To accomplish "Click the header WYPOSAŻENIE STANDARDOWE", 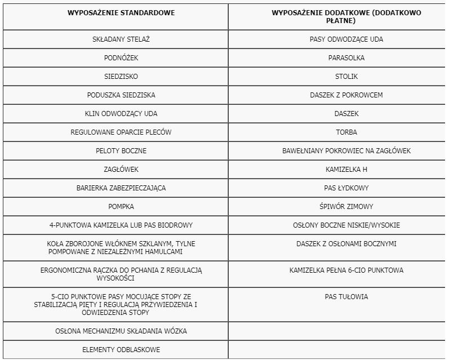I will click(121, 12).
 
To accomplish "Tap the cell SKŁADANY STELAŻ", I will click(121, 39).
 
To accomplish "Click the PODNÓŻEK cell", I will click(121, 58).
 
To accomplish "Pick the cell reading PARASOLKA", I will click(346, 58).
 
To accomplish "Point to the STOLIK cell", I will click(346, 77).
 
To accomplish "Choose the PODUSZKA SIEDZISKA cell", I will click(121, 95).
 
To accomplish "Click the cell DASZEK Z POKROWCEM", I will click(346, 95).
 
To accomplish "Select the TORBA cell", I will click(346, 132).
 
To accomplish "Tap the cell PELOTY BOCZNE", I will click(121, 151).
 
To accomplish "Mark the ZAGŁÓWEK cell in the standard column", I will click(121, 170).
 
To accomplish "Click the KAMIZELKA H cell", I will click(346, 170).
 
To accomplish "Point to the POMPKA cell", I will click(121, 207).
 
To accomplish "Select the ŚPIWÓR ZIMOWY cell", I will click(346, 207).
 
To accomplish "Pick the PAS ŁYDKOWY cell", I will click(346, 188).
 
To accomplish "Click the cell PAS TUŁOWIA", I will click(346, 296).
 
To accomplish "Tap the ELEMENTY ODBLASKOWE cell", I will click(121, 349).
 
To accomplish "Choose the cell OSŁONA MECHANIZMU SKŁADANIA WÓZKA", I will click(121, 331).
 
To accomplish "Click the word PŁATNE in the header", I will click(346, 20).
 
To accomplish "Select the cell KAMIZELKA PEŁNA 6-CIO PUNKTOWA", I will click(346, 270).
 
